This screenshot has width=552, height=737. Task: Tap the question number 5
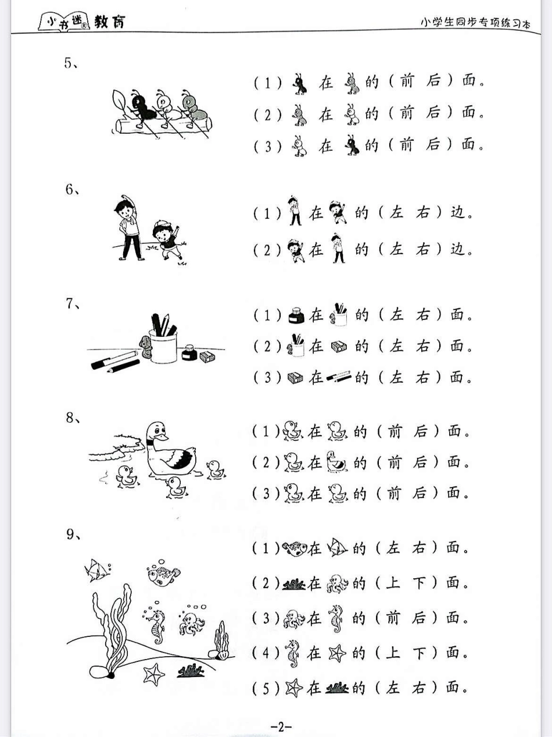coord(68,63)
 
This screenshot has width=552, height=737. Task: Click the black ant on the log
coord(142,108)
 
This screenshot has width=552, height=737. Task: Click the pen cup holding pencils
coord(163,346)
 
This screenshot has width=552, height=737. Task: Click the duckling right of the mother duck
coord(216,469)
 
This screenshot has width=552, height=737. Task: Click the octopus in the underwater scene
coord(191,624)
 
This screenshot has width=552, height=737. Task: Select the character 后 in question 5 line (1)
coord(433,81)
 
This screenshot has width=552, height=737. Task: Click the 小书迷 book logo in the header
coord(64,23)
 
